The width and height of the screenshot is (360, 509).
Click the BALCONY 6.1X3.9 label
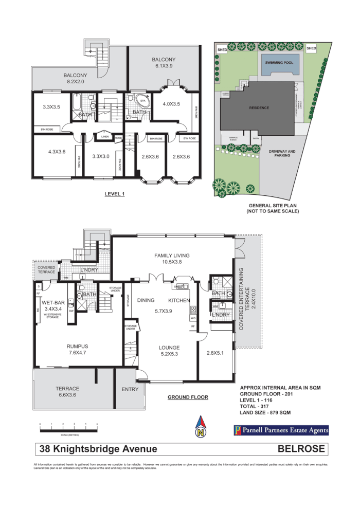(164, 63)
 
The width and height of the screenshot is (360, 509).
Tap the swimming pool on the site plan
(279, 64)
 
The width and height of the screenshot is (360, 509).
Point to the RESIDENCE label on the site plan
(259, 108)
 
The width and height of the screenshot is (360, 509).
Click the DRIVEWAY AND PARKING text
(283, 153)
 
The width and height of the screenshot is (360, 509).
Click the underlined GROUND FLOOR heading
(188, 397)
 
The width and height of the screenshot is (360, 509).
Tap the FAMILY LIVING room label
(172, 259)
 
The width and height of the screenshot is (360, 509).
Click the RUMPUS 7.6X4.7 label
(77, 350)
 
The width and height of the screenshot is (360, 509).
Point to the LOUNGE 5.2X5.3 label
(169, 351)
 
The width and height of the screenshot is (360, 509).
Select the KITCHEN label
(179, 300)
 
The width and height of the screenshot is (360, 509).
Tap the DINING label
(146, 300)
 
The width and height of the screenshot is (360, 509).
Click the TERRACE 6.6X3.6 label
(67, 392)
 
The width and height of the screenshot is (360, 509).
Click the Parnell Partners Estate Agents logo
(281, 430)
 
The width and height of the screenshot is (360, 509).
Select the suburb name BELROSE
(301, 449)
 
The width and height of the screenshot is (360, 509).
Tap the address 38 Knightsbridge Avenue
(99, 449)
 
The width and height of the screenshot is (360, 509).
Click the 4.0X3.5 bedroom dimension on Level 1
(171, 104)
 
